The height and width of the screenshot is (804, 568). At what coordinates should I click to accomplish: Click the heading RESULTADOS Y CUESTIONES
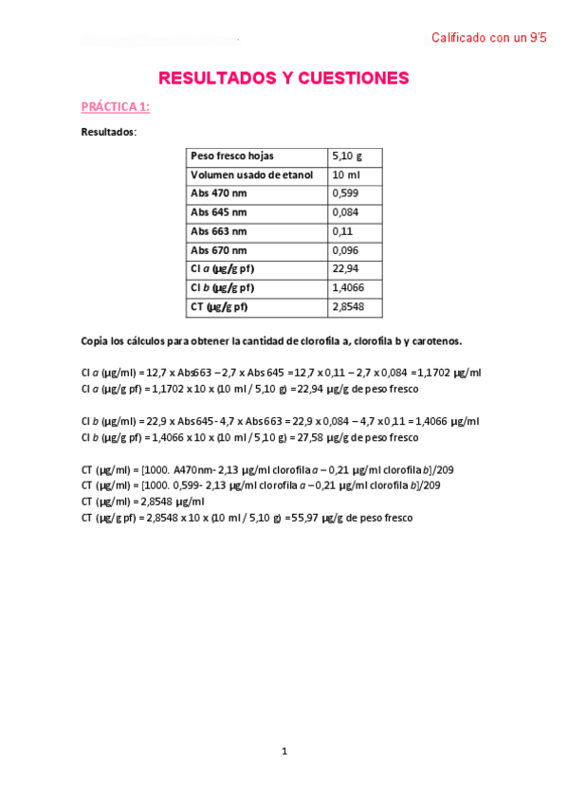[x=284, y=78]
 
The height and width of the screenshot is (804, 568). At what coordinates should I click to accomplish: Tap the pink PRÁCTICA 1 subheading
[x=115, y=107]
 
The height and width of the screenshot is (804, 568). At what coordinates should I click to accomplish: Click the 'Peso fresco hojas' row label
[x=232, y=155]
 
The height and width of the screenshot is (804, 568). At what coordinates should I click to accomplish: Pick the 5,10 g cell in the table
[x=347, y=155]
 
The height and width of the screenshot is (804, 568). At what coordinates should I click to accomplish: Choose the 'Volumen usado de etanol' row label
[x=251, y=175]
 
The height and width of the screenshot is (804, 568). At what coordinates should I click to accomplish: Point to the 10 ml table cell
[x=345, y=175]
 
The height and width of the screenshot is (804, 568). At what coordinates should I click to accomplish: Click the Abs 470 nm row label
[x=219, y=193]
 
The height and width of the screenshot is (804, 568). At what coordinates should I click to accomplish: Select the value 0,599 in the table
[x=346, y=193]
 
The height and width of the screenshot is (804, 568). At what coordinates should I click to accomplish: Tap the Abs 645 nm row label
[x=219, y=212]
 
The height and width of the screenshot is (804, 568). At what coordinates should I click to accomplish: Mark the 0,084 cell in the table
[x=346, y=212]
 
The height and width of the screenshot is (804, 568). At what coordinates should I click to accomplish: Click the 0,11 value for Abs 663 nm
[x=342, y=231]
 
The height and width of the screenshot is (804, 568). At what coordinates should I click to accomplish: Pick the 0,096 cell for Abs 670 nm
[x=346, y=250]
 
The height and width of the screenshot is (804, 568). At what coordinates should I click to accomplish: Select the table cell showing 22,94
[x=345, y=269]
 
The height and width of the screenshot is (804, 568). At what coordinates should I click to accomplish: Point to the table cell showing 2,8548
[x=349, y=307]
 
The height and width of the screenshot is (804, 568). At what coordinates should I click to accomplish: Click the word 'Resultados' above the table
[x=108, y=132]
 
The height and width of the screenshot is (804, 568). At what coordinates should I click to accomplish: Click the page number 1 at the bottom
[x=284, y=752]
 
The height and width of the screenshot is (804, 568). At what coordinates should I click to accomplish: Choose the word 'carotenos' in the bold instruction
[x=436, y=340]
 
